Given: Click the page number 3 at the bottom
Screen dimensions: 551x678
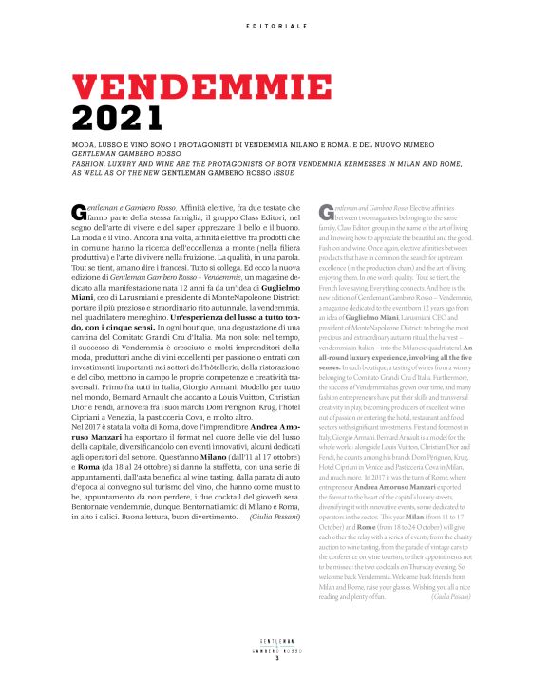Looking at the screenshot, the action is click(x=275, y=659).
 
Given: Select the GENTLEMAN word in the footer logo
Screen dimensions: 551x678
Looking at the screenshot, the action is click(x=275, y=642).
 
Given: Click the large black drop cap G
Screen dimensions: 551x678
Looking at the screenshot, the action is click(x=79, y=211).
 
